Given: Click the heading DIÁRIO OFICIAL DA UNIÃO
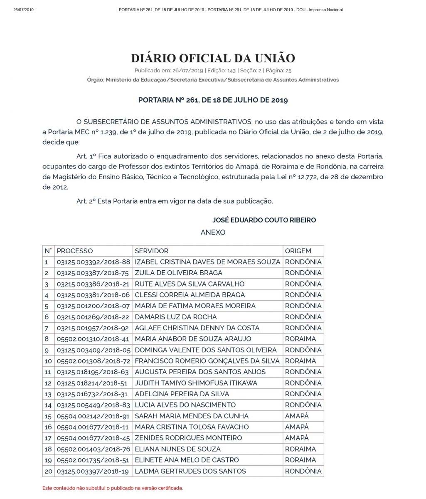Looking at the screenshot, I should coord(213,58).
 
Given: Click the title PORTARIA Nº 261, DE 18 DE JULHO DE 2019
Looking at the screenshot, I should coord(213,100).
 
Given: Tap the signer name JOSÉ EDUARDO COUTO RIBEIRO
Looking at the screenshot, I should coord(264,220).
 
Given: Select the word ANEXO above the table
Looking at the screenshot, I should coord(213,232).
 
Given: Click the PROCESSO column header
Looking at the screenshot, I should coord(75,251).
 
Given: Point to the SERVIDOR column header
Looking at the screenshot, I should coord(152,251).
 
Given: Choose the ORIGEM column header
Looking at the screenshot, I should coord(298,251).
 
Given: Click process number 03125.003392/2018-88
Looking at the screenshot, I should coord(94,262).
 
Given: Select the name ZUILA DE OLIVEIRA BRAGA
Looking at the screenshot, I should coord(179,273).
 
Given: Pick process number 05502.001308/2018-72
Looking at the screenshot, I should coord(94,361).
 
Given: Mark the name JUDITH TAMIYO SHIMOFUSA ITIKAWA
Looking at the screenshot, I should coord(196,383).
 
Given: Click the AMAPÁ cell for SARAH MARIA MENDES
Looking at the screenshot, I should coord(297,416).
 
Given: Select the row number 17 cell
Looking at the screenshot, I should coord(48,438).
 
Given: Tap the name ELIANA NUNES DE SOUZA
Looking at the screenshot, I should coord(178,449).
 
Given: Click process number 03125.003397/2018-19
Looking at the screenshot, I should coord(94,471).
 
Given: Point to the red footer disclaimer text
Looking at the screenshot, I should coord(113,488).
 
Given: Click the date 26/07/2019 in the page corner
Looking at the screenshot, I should coord(23,10).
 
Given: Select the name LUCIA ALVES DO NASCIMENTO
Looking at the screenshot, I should coord(185,405).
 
